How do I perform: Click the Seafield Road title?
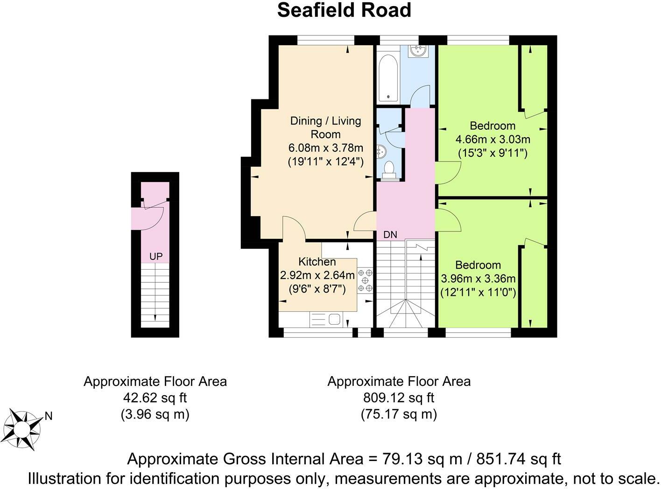(x=344, y=10)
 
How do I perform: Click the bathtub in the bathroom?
(x=388, y=78)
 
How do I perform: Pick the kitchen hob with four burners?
(x=365, y=280)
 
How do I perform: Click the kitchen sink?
(x=326, y=320)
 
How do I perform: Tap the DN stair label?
(x=390, y=235)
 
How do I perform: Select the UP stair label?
(x=156, y=257)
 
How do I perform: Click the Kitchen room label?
(x=317, y=262)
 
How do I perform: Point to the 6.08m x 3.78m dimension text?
(x=326, y=148)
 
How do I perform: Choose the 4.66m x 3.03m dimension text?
(x=492, y=139)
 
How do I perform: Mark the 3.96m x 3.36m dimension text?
(x=478, y=279)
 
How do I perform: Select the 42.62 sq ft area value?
(x=155, y=398)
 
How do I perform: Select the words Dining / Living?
(x=325, y=121)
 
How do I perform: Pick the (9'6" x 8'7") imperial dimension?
(x=317, y=289)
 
